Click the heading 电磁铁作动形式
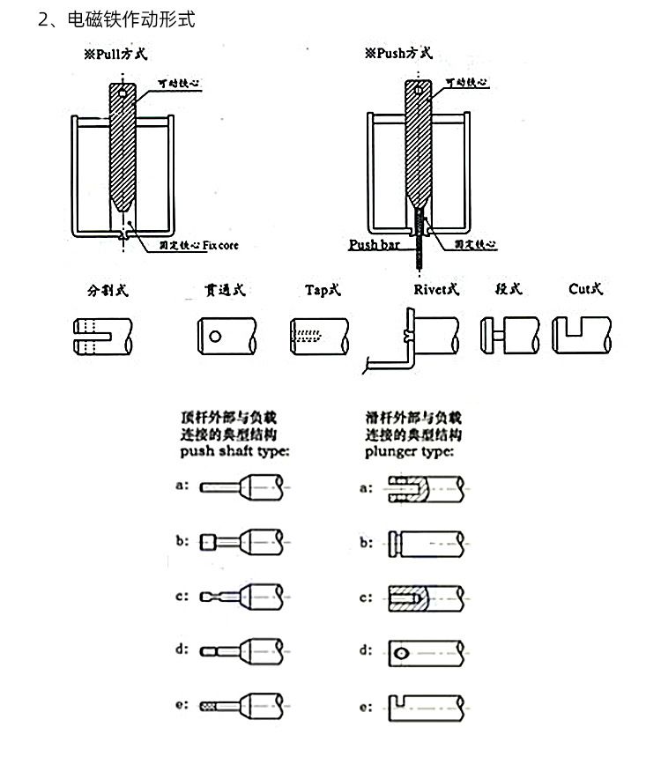click(x=130, y=19)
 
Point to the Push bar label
click(x=375, y=245)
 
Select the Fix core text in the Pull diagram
click(x=220, y=245)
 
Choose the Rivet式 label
click(x=436, y=289)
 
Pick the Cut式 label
click(x=585, y=289)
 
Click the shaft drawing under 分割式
click(x=102, y=336)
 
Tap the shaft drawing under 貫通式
click(x=227, y=336)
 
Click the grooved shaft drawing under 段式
click(x=506, y=335)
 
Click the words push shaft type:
click(x=234, y=452)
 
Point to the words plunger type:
click(x=410, y=452)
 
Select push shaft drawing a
click(x=241, y=486)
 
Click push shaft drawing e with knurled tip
click(x=241, y=706)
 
